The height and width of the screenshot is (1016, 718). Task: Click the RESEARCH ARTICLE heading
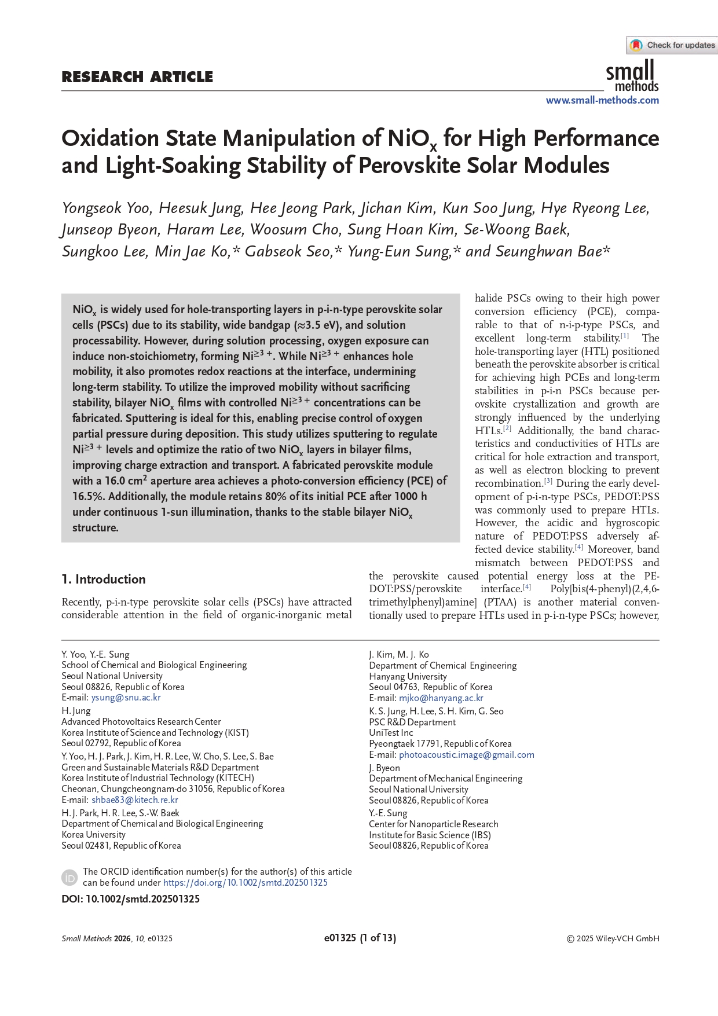137,77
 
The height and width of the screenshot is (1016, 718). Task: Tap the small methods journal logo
632,77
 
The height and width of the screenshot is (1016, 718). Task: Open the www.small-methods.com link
602,100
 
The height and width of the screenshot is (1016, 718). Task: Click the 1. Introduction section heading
104,579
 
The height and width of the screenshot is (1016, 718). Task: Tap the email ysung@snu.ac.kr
126,698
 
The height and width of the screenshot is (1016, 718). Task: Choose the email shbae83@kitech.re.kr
134,800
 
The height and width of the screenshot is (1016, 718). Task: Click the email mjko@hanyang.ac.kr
441,698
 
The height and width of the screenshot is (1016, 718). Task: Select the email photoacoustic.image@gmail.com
466,755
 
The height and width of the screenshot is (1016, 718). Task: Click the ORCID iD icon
69,878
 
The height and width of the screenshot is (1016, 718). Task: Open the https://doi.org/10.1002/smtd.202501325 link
245,883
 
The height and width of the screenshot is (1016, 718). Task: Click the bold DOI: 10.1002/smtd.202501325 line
131,899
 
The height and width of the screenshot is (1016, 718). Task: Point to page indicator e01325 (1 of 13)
360,938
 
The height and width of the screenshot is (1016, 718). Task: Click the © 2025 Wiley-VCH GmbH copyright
613,938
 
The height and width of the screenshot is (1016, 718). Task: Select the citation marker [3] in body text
548,481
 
